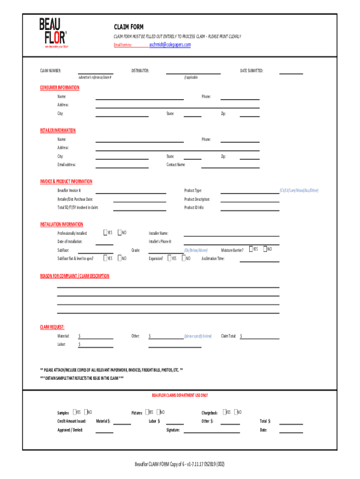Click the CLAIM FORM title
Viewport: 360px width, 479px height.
[x=129, y=27]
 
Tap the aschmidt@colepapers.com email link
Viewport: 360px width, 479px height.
[x=170, y=44]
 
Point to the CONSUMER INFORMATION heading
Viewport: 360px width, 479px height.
[x=59, y=87]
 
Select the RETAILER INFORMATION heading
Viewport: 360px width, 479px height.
[x=58, y=131]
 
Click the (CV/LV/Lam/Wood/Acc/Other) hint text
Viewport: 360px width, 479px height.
[x=299, y=190]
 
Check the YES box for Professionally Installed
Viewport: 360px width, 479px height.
[x=105, y=232]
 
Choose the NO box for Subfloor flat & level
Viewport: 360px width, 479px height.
[x=120, y=258]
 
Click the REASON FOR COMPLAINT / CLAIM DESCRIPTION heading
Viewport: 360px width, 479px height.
[x=74, y=276]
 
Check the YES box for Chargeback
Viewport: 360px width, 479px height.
[x=223, y=412]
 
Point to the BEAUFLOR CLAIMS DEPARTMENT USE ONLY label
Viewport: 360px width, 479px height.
[x=180, y=395]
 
